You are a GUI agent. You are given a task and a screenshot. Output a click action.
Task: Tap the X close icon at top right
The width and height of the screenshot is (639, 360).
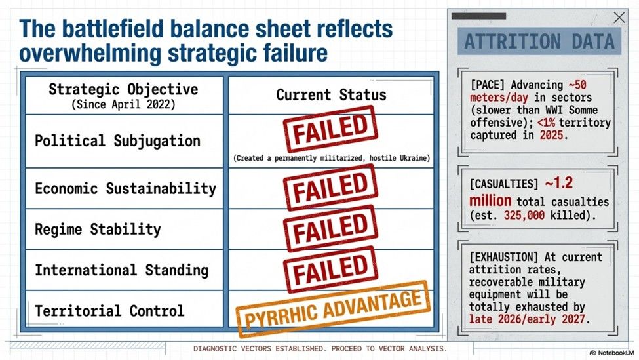(x=619, y=18)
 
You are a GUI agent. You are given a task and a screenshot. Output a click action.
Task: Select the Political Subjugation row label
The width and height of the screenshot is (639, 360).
(x=117, y=141)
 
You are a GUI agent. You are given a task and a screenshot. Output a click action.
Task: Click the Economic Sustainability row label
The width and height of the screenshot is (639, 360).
(x=125, y=189)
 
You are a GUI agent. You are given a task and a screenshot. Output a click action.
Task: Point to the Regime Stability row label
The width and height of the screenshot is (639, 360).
(x=98, y=230)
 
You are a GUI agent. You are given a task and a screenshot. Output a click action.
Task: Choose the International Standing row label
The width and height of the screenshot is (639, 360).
(x=121, y=270)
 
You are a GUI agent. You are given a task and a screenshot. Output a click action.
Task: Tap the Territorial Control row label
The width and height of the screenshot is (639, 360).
(x=109, y=311)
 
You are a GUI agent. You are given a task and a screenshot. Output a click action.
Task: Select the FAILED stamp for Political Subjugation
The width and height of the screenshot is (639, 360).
(x=331, y=129)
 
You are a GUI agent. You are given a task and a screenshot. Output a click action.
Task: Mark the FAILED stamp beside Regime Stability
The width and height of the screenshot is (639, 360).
(x=331, y=228)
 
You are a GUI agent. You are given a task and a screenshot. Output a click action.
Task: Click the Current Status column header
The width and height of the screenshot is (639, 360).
(x=331, y=95)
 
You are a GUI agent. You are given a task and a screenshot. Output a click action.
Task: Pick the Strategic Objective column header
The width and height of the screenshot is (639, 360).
(x=123, y=89)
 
